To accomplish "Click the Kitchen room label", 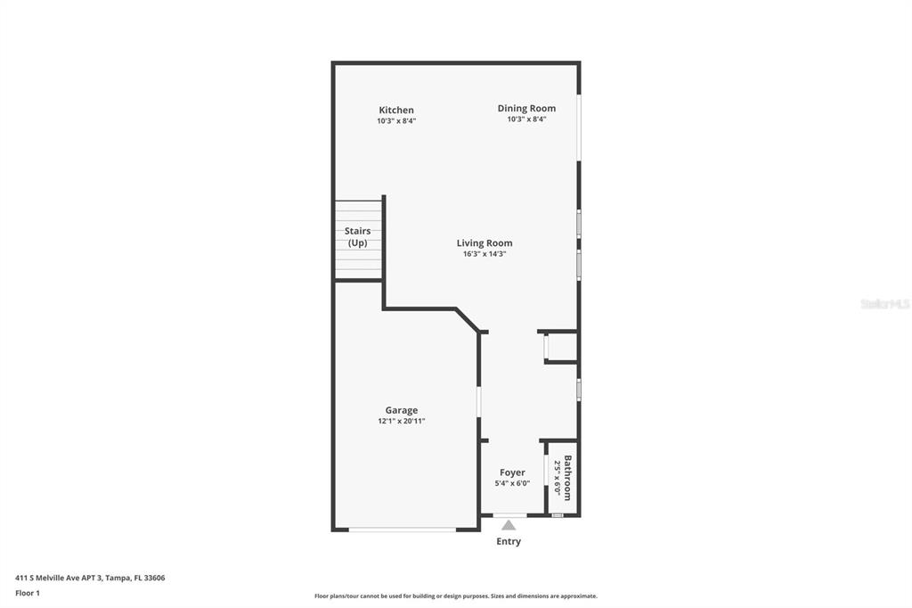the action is [x=396, y=110].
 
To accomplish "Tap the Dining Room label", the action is [x=526, y=109].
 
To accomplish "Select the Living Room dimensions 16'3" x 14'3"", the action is [x=484, y=254].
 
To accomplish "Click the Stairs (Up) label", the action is [x=357, y=237].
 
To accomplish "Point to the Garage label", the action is [x=402, y=411].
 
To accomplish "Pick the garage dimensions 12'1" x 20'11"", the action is [x=402, y=421].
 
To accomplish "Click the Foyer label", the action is [x=512, y=472].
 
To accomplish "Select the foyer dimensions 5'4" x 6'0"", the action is [x=512, y=483].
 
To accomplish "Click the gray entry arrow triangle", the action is [x=509, y=525].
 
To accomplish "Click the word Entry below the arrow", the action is [x=509, y=542].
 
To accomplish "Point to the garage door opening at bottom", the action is [x=403, y=530].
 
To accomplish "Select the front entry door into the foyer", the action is [x=510, y=514].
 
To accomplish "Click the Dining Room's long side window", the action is [x=579, y=127].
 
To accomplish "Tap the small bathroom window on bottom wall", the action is [x=558, y=514].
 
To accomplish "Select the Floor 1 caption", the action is [x=28, y=594].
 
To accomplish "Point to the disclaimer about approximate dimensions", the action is [x=456, y=596].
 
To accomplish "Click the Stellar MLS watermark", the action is [x=885, y=304].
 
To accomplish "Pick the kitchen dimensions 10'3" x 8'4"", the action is [x=396, y=121].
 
